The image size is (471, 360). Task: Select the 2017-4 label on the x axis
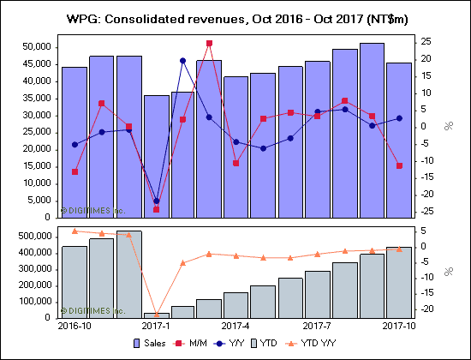point(235,327)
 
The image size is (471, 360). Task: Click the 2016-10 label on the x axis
point(74,327)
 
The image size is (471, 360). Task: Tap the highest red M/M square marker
point(210,43)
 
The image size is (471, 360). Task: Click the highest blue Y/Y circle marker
point(182,60)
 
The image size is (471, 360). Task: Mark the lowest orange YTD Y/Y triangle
point(156,315)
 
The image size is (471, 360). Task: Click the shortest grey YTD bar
point(156,315)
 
